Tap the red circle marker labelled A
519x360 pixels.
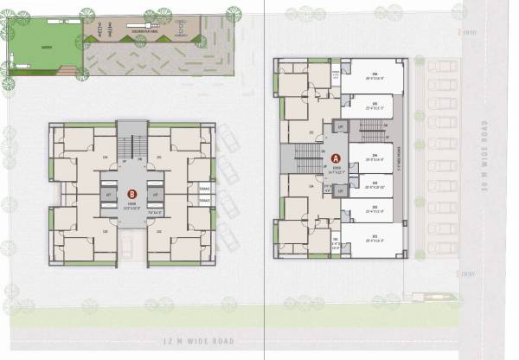click(x=335, y=157)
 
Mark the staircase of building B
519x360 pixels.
click(x=131, y=148)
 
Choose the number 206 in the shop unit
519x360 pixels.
click(x=374, y=75)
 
